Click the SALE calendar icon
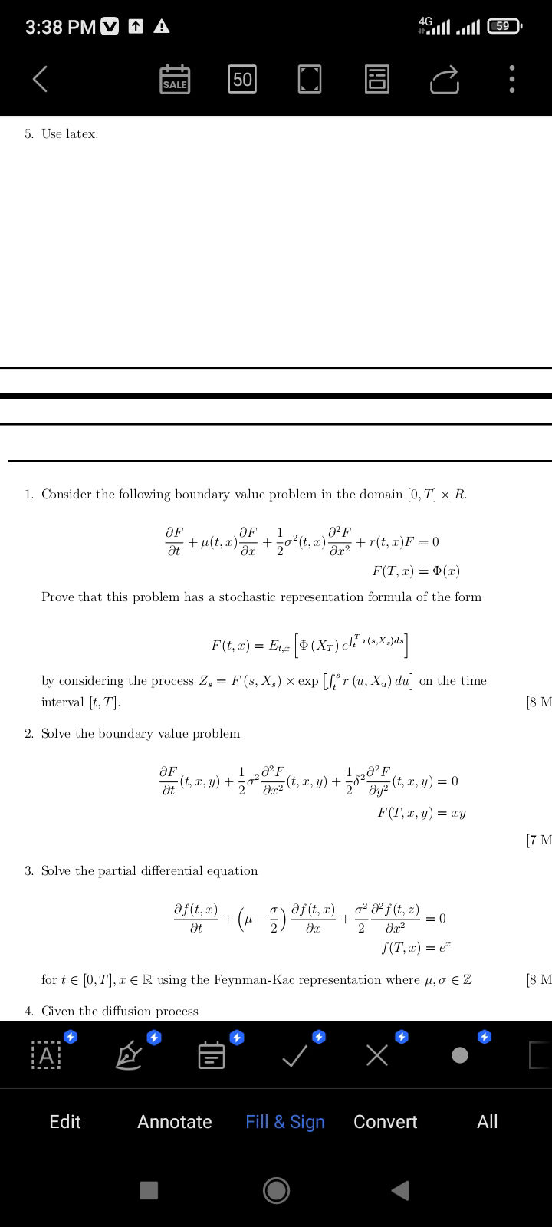coord(175,79)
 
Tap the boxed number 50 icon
coord(242,79)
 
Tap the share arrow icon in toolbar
coord(445,79)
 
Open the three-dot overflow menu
coord(512,79)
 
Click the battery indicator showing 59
coord(504,26)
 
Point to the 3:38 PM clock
coord(61,27)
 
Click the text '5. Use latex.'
coord(61,133)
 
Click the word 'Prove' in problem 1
coord(58,597)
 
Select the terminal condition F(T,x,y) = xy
coord(422,812)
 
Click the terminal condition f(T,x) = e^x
coord(416,949)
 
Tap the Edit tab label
coord(64,1121)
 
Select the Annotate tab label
coord(175,1121)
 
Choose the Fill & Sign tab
coord(285,1121)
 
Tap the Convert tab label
coord(385,1121)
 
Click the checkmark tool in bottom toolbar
coord(295,1057)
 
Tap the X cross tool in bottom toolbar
coord(377,1057)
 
